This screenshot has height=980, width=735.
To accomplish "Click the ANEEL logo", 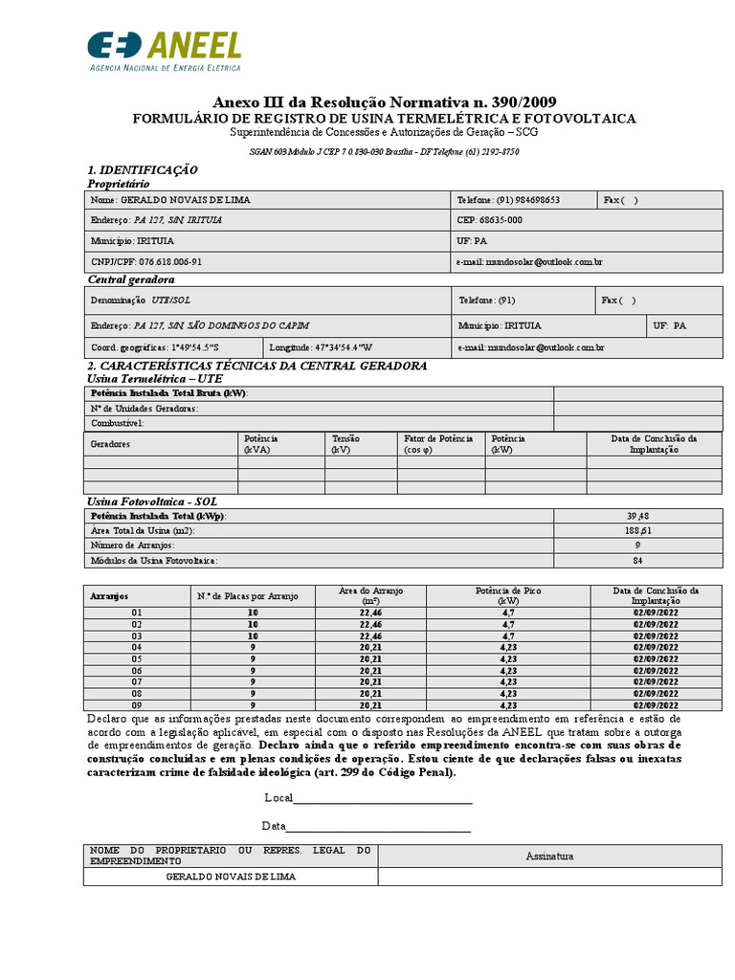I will pyautogui.click(x=164, y=51).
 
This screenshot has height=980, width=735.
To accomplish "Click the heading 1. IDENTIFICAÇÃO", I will pyautogui.click(x=143, y=169).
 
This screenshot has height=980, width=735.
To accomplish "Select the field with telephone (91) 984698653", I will pyautogui.click(x=523, y=200).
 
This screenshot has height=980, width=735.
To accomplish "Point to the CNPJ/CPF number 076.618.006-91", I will pyautogui.click(x=145, y=261).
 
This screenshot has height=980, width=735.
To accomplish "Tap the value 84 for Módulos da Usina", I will pyautogui.click(x=638, y=560).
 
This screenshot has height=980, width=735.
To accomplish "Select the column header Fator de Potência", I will pyautogui.click(x=438, y=443).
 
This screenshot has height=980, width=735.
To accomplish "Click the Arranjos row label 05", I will pyautogui.click(x=136, y=659).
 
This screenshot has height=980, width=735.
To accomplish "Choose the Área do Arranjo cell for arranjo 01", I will pyautogui.click(x=371, y=612).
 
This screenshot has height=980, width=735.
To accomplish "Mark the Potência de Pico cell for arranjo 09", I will pyautogui.click(x=508, y=705).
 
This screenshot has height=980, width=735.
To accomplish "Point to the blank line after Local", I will pyautogui.click(x=383, y=800).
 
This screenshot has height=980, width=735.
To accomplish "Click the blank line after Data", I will pyautogui.click(x=378, y=828).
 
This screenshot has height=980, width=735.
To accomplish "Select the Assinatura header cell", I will pyautogui.click(x=549, y=857).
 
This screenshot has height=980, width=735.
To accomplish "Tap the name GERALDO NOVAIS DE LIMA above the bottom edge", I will pyautogui.click(x=231, y=877).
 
